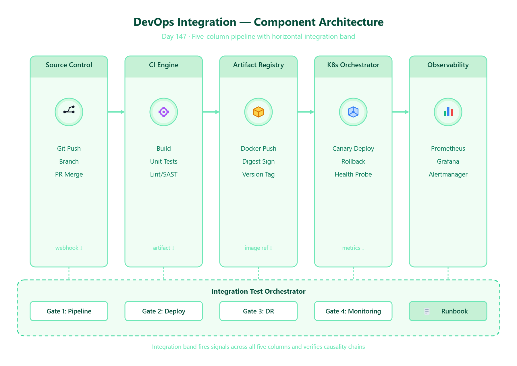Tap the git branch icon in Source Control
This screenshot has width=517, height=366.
[x=69, y=110]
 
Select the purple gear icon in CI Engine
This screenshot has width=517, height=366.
[x=164, y=112]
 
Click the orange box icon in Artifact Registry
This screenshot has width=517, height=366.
[x=258, y=112]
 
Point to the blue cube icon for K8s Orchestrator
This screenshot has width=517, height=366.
[x=353, y=112]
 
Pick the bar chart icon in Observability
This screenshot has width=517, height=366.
[x=448, y=112]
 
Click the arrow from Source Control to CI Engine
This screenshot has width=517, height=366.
[x=116, y=112]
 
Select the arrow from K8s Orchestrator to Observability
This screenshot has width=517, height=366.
[x=401, y=112]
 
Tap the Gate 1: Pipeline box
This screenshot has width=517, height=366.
[x=69, y=311]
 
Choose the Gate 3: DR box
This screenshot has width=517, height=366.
[x=258, y=311]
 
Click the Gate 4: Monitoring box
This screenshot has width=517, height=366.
[x=353, y=311]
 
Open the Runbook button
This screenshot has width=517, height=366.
[x=448, y=311]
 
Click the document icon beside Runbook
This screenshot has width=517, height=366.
[x=427, y=311]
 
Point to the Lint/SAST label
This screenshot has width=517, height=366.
[x=164, y=174]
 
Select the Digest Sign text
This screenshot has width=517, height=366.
[x=258, y=161]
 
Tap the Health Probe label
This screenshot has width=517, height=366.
[x=353, y=174]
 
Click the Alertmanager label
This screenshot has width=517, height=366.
[x=448, y=174]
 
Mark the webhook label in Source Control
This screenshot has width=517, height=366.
[x=67, y=248]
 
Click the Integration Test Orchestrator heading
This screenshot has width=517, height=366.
[x=258, y=291]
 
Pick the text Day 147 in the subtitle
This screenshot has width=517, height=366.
[x=174, y=36]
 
